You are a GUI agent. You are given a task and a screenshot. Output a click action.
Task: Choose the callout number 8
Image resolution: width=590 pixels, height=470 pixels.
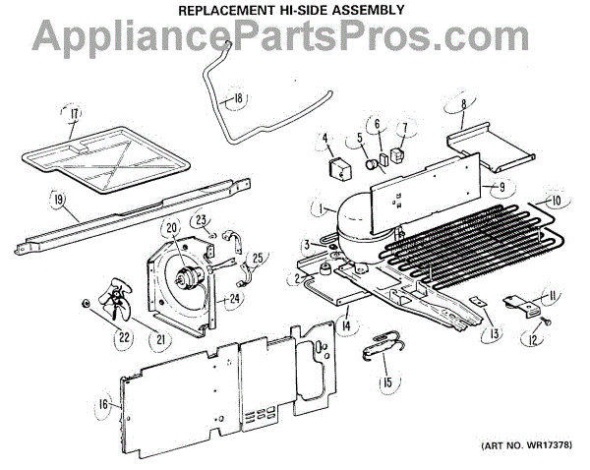(x=461, y=103)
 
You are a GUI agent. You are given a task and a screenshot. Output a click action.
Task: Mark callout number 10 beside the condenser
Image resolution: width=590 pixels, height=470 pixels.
(x=556, y=201)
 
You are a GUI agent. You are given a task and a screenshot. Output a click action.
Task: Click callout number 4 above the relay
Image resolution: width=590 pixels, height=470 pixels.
(x=325, y=140)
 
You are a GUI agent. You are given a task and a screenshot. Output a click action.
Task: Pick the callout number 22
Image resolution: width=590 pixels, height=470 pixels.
(x=124, y=338)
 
